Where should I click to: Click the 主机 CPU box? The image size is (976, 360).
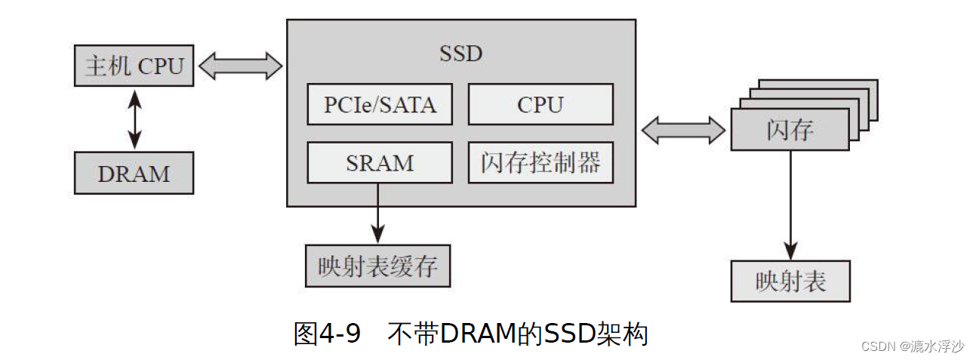point(134,66)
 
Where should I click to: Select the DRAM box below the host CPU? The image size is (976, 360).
point(134,173)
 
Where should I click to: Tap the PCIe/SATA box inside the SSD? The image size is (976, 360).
point(380,104)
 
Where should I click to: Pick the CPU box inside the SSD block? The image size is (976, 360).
point(540,104)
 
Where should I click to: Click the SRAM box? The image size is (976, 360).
point(380,162)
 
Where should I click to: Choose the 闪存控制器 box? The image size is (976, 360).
point(540,162)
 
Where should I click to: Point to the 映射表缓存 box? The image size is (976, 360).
point(377,266)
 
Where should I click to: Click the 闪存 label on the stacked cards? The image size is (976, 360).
point(790,130)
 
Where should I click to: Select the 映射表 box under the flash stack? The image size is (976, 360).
point(790,282)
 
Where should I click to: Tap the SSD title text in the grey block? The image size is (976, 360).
point(460,54)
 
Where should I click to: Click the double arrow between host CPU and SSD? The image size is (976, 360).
point(240,66)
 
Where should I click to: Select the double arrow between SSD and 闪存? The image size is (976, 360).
point(683,130)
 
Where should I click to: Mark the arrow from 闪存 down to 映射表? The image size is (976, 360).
point(790,204)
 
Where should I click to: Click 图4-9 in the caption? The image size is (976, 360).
point(327,333)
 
